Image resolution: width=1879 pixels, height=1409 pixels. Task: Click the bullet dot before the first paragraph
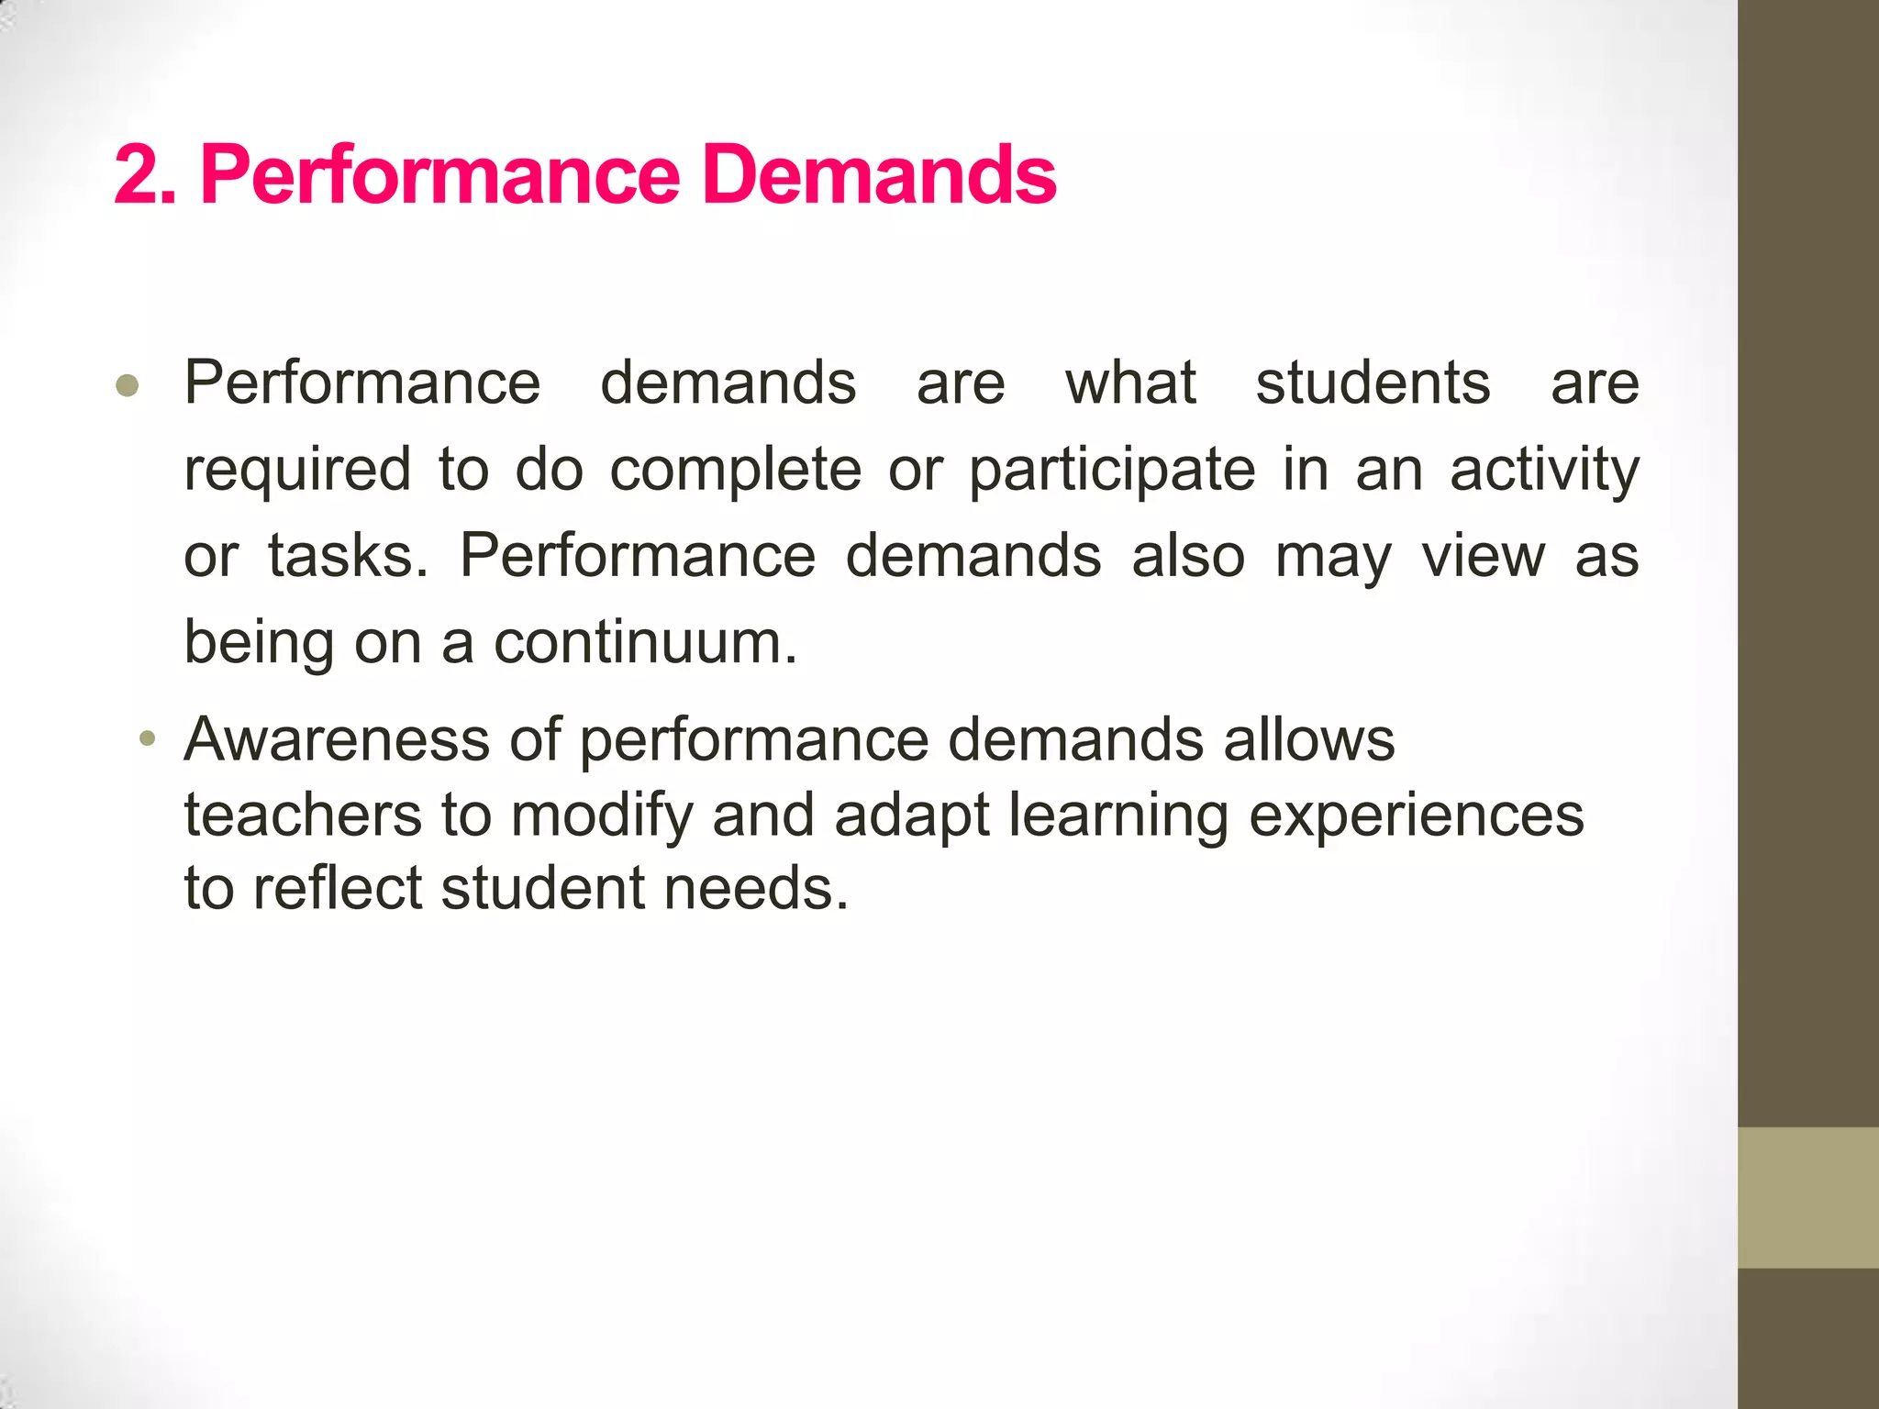128,386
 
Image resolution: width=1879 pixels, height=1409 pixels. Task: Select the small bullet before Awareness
147,739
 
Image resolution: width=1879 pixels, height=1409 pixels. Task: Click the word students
1373,383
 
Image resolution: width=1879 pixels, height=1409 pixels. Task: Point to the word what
1130,383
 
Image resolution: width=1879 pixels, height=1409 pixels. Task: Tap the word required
297,470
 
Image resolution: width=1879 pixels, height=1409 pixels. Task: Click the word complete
736,470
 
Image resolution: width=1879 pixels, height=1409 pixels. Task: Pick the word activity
1544,470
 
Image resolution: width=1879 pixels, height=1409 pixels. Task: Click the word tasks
348,556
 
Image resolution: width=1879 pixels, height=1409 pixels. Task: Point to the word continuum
645,642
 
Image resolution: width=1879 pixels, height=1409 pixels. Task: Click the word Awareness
337,739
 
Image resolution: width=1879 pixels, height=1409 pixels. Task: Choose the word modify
601,816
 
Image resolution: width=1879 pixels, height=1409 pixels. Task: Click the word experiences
1417,816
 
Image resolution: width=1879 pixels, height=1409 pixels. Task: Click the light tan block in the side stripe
1808,1197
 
